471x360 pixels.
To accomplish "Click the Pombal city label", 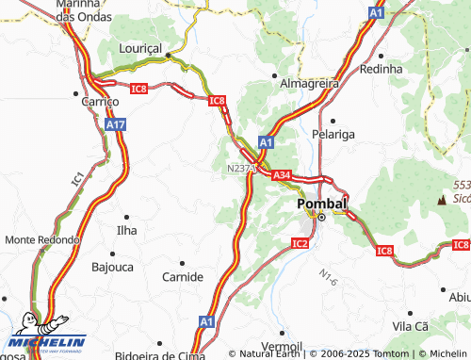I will click(x=321, y=204).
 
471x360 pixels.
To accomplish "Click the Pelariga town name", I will click(x=334, y=134).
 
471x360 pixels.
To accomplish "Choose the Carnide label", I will click(x=182, y=276).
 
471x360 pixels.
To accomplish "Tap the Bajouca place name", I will click(x=112, y=268).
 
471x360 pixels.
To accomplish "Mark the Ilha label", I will click(x=125, y=229).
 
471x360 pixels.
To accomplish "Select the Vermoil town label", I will click(x=281, y=346).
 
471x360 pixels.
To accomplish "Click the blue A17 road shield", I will click(x=116, y=124).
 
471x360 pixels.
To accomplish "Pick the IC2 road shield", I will click(x=300, y=243).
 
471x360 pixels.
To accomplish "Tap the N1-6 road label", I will click(x=327, y=278).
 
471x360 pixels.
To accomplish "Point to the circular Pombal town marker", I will click(x=320, y=218).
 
